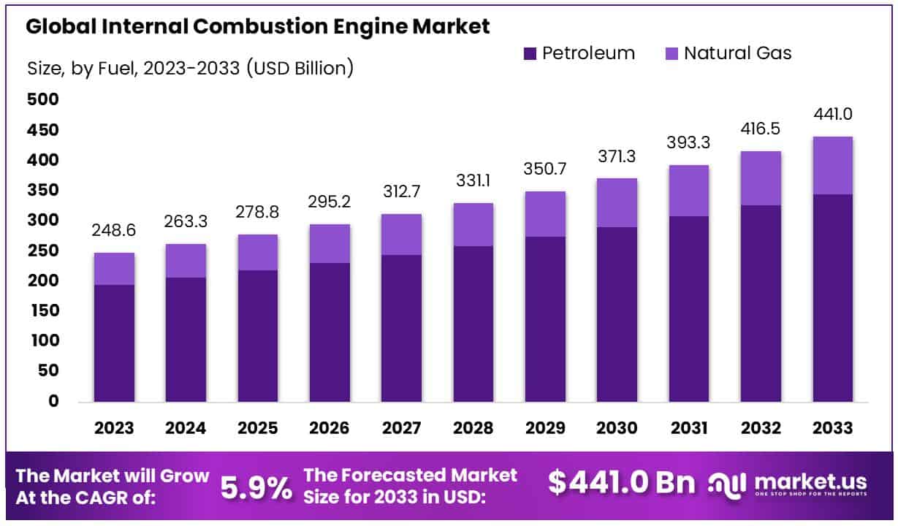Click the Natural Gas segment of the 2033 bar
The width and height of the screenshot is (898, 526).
pyautogui.click(x=832, y=165)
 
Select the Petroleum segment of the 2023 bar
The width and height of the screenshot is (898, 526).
pyautogui.click(x=114, y=343)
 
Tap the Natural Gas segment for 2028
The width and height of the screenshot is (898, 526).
pyautogui.click(x=473, y=224)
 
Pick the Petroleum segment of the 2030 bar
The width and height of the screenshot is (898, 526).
pyautogui.click(x=617, y=313)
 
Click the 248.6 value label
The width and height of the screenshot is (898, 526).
pyautogui.click(x=114, y=232)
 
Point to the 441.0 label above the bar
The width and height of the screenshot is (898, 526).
pyautogui.click(x=832, y=115)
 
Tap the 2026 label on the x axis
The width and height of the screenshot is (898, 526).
pyautogui.click(x=330, y=428)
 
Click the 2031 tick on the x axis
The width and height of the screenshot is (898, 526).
pyautogui.click(x=688, y=428)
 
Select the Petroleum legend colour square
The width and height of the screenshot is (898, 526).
pyautogui.click(x=530, y=53)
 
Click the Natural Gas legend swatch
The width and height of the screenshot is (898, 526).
pyautogui.click(x=671, y=53)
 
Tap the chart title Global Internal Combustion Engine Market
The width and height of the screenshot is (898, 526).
pyautogui.click(x=258, y=27)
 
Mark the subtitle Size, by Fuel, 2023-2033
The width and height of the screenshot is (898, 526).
pyautogui.click(x=191, y=69)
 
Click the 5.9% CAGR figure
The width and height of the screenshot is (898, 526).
pyautogui.click(x=255, y=487)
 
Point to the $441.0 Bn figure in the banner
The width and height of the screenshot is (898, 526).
pyautogui.click(x=622, y=483)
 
